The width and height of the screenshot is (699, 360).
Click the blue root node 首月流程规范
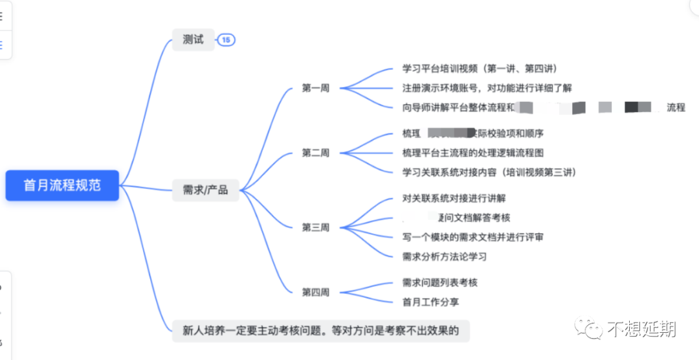click(62, 185)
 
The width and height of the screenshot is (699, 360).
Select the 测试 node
click(193, 39)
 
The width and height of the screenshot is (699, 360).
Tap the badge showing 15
click(226, 40)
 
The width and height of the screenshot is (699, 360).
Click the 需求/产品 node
click(205, 190)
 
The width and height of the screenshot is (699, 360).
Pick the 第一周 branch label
click(315, 88)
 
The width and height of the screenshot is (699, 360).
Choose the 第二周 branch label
click(315, 153)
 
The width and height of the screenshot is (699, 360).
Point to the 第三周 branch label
click(315, 227)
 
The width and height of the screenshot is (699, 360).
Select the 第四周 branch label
click(315, 292)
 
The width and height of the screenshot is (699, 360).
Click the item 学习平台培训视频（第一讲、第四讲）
click(480, 69)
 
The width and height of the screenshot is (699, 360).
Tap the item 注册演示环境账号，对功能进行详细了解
click(487, 88)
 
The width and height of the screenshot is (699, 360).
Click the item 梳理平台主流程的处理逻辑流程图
click(472, 153)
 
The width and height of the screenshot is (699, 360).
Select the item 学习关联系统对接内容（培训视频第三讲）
click(489, 172)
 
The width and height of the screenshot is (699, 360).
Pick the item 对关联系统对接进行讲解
click(454, 198)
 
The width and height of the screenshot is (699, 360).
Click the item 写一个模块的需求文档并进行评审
click(472, 237)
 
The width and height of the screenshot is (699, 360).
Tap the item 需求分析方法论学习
click(444, 256)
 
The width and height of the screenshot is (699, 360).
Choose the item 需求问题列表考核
click(440, 282)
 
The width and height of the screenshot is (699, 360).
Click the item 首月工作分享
click(430, 302)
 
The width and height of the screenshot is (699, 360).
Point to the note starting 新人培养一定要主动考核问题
click(320, 331)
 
